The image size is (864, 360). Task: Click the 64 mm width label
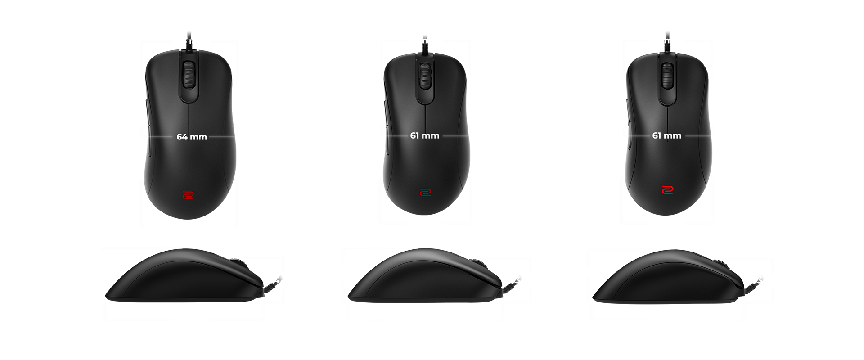pos(192,137)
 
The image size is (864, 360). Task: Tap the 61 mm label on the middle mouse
pos(425,135)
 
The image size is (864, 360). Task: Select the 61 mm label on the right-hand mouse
pos(667,135)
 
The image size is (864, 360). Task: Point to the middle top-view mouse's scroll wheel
pos(425,76)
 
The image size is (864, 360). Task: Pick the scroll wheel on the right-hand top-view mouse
pos(667,76)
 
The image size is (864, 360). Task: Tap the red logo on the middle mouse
pos(425,192)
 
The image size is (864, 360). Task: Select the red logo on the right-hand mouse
pos(667,190)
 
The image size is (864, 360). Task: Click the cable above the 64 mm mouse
pos(189,41)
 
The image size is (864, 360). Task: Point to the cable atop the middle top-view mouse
pos(424,45)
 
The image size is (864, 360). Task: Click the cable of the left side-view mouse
pos(272,283)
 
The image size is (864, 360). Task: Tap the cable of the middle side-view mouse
pos(512,283)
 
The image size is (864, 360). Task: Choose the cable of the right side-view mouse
pos(754,283)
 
